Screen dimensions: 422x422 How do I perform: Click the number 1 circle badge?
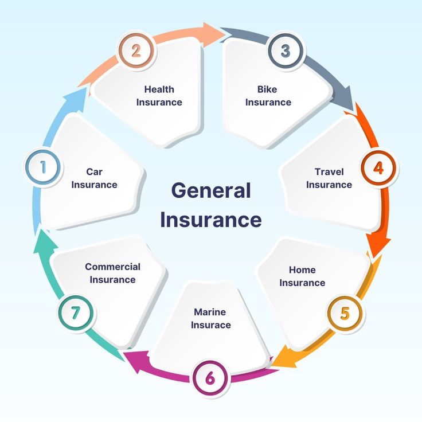point(42,168)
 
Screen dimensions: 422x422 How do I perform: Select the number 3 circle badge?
point(286,50)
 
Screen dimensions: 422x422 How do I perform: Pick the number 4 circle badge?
point(378,168)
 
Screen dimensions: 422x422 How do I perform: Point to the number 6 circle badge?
point(210,378)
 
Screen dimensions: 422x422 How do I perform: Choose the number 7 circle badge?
point(76,313)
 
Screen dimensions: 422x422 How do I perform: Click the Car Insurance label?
point(94,178)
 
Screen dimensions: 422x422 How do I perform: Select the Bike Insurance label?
point(268,96)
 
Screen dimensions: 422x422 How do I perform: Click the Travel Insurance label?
point(329,178)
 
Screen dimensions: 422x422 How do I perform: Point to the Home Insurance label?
point(302,276)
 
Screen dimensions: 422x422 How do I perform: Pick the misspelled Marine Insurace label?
point(210,318)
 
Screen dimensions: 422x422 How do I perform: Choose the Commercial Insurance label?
point(112,273)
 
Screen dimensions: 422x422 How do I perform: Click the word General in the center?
point(211,190)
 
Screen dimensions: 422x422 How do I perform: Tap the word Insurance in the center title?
point(210,220)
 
